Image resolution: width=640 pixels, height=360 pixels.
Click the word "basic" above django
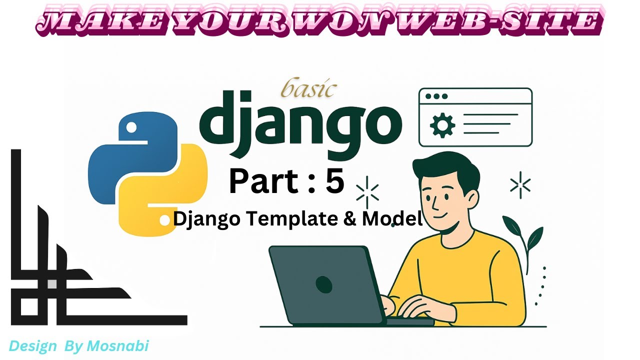[x=308, y=89]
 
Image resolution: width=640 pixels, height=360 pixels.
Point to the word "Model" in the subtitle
[x=392, y=219]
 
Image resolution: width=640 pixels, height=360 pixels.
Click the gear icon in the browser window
[x=442, y=125]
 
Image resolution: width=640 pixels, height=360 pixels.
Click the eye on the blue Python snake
[x=131, y=128]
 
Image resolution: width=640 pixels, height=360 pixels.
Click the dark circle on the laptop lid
[x=324, y=284]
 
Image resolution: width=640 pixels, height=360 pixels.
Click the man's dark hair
[x=445, y=167]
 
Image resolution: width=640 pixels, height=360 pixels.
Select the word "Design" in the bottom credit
[x=30, y=346]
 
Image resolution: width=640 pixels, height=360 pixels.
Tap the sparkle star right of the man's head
[x=520, y=185]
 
